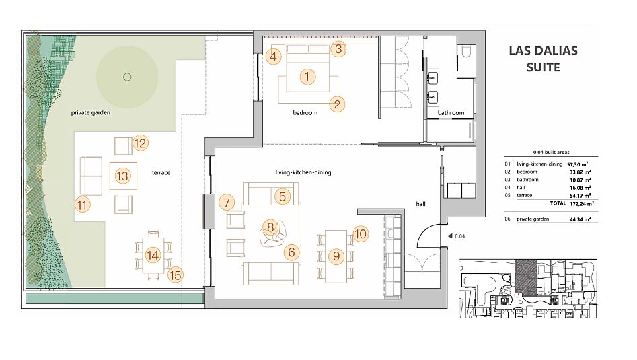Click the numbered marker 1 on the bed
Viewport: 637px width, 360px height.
click(x=307, y=77)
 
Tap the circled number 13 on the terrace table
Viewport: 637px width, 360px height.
click(x=122, y=176)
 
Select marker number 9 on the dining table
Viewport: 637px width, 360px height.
click(x=336, y=256)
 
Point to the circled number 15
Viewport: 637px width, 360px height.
click(x=175, y=275)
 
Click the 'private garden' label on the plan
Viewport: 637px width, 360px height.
click(x=91, y=112)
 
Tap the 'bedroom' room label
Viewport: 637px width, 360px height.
click(x=305, y=112)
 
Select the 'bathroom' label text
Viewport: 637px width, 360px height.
click(x=451, y=112)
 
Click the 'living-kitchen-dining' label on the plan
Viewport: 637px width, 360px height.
click(x=303, y=172)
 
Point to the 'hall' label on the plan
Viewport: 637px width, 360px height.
click(x=420, y=204)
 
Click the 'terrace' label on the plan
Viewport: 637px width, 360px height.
click(x=161, y=172)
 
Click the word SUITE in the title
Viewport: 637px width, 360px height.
click(x=543, y=67)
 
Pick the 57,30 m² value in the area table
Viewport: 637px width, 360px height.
click(x=578, y=165)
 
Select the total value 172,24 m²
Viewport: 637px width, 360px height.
click(x=581, y=204)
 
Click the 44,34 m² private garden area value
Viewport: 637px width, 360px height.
click(x=580, y=219)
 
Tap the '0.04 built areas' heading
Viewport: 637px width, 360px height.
click(x=552, y=152)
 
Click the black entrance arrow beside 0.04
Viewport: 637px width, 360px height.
click(x=449, y=236)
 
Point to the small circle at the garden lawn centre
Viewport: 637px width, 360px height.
click(x=127, y=77)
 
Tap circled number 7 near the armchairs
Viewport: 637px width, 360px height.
click(x=227, y=203)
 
